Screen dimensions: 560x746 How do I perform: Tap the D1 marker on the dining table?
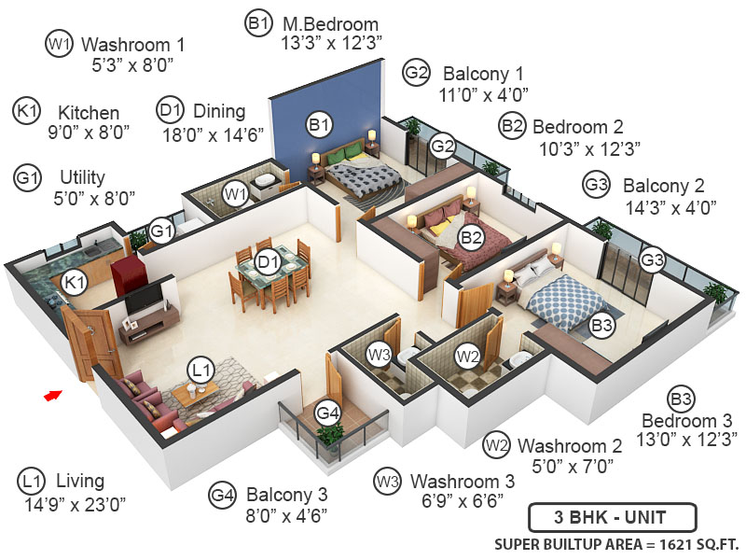click(x=269, y=264)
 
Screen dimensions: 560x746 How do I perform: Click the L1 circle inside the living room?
click(x=200, y=368)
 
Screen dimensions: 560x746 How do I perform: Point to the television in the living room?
click(x=145, y=298)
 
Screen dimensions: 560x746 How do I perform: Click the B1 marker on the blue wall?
click(x=320, y=122)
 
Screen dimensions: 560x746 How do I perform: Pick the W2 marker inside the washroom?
click(x=467, y=356)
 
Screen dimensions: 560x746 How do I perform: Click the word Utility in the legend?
click(x=82, y=176)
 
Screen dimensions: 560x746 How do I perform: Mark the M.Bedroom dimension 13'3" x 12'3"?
click(x=332, y=43)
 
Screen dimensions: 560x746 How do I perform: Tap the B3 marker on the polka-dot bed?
click(x=602, y=326)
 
